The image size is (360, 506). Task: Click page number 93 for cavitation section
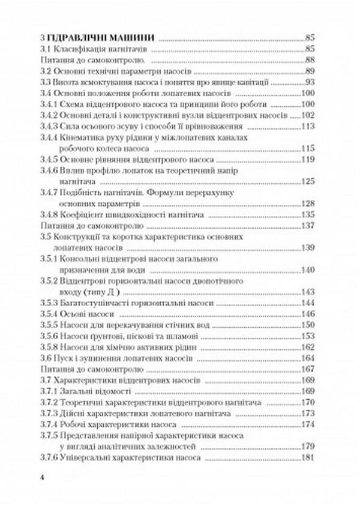pos(310,82)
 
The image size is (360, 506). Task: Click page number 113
pos(308,127)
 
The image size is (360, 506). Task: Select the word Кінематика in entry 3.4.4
pos(85,138)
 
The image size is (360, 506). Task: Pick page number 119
pos(308,160)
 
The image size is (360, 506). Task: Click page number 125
pos(308,181)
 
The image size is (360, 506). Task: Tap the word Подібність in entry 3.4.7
pos(82,192)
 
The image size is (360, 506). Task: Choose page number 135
pos(308,214)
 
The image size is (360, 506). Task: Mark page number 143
pos(308,292)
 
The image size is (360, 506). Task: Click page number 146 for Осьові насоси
pos(308,315)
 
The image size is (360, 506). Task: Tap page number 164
pos(308,358)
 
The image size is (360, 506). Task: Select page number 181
pos(308,458)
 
